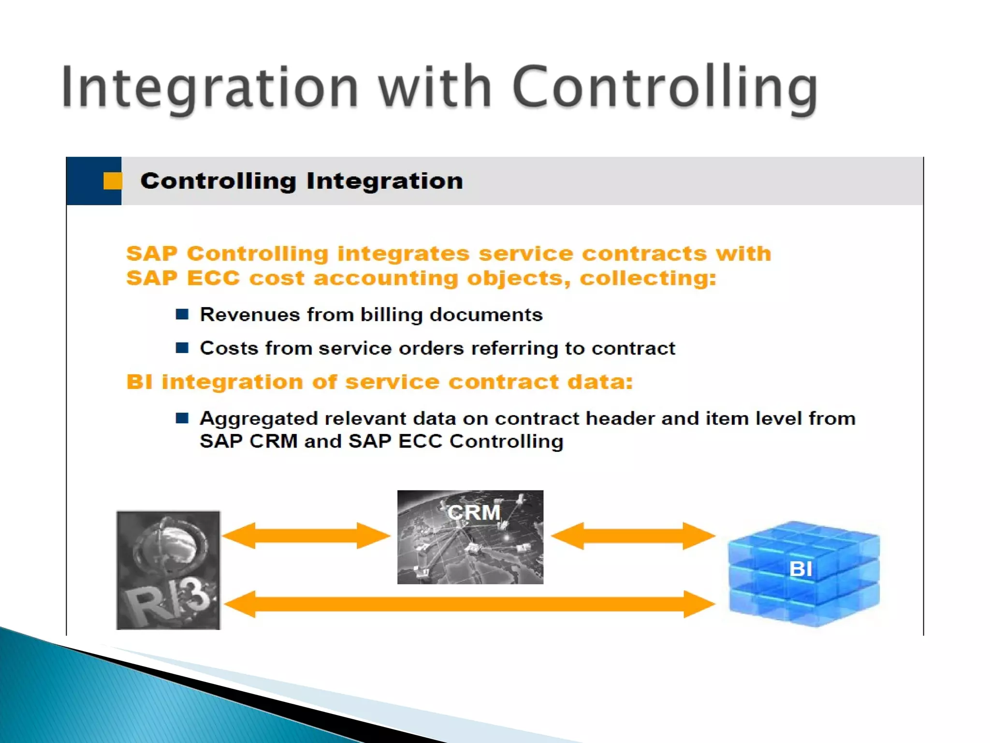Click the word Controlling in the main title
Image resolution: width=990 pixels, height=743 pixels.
coord(664,87)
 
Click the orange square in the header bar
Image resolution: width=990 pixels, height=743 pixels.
coord(112,181)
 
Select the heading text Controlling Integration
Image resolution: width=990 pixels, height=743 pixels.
coord(302,181)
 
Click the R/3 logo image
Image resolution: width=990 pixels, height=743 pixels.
coord(168,570)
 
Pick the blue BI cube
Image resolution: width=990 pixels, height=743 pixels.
coord(803,574)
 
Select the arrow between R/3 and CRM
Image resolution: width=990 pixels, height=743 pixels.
coord(306,535)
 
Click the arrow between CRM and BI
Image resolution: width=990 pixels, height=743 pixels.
coord(633,535)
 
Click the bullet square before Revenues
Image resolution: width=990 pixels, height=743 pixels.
coord(182,314)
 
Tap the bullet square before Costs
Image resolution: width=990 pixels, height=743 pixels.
coord(182,348)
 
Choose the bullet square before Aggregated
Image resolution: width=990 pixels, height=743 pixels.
coord(182,418)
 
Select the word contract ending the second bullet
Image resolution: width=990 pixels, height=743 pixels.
coord(633,348)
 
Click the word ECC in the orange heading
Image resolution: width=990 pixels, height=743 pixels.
coord(213,278)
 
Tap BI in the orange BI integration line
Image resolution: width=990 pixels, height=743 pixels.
coord(139,382)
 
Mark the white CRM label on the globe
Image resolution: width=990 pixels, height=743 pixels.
coord(474,512)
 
